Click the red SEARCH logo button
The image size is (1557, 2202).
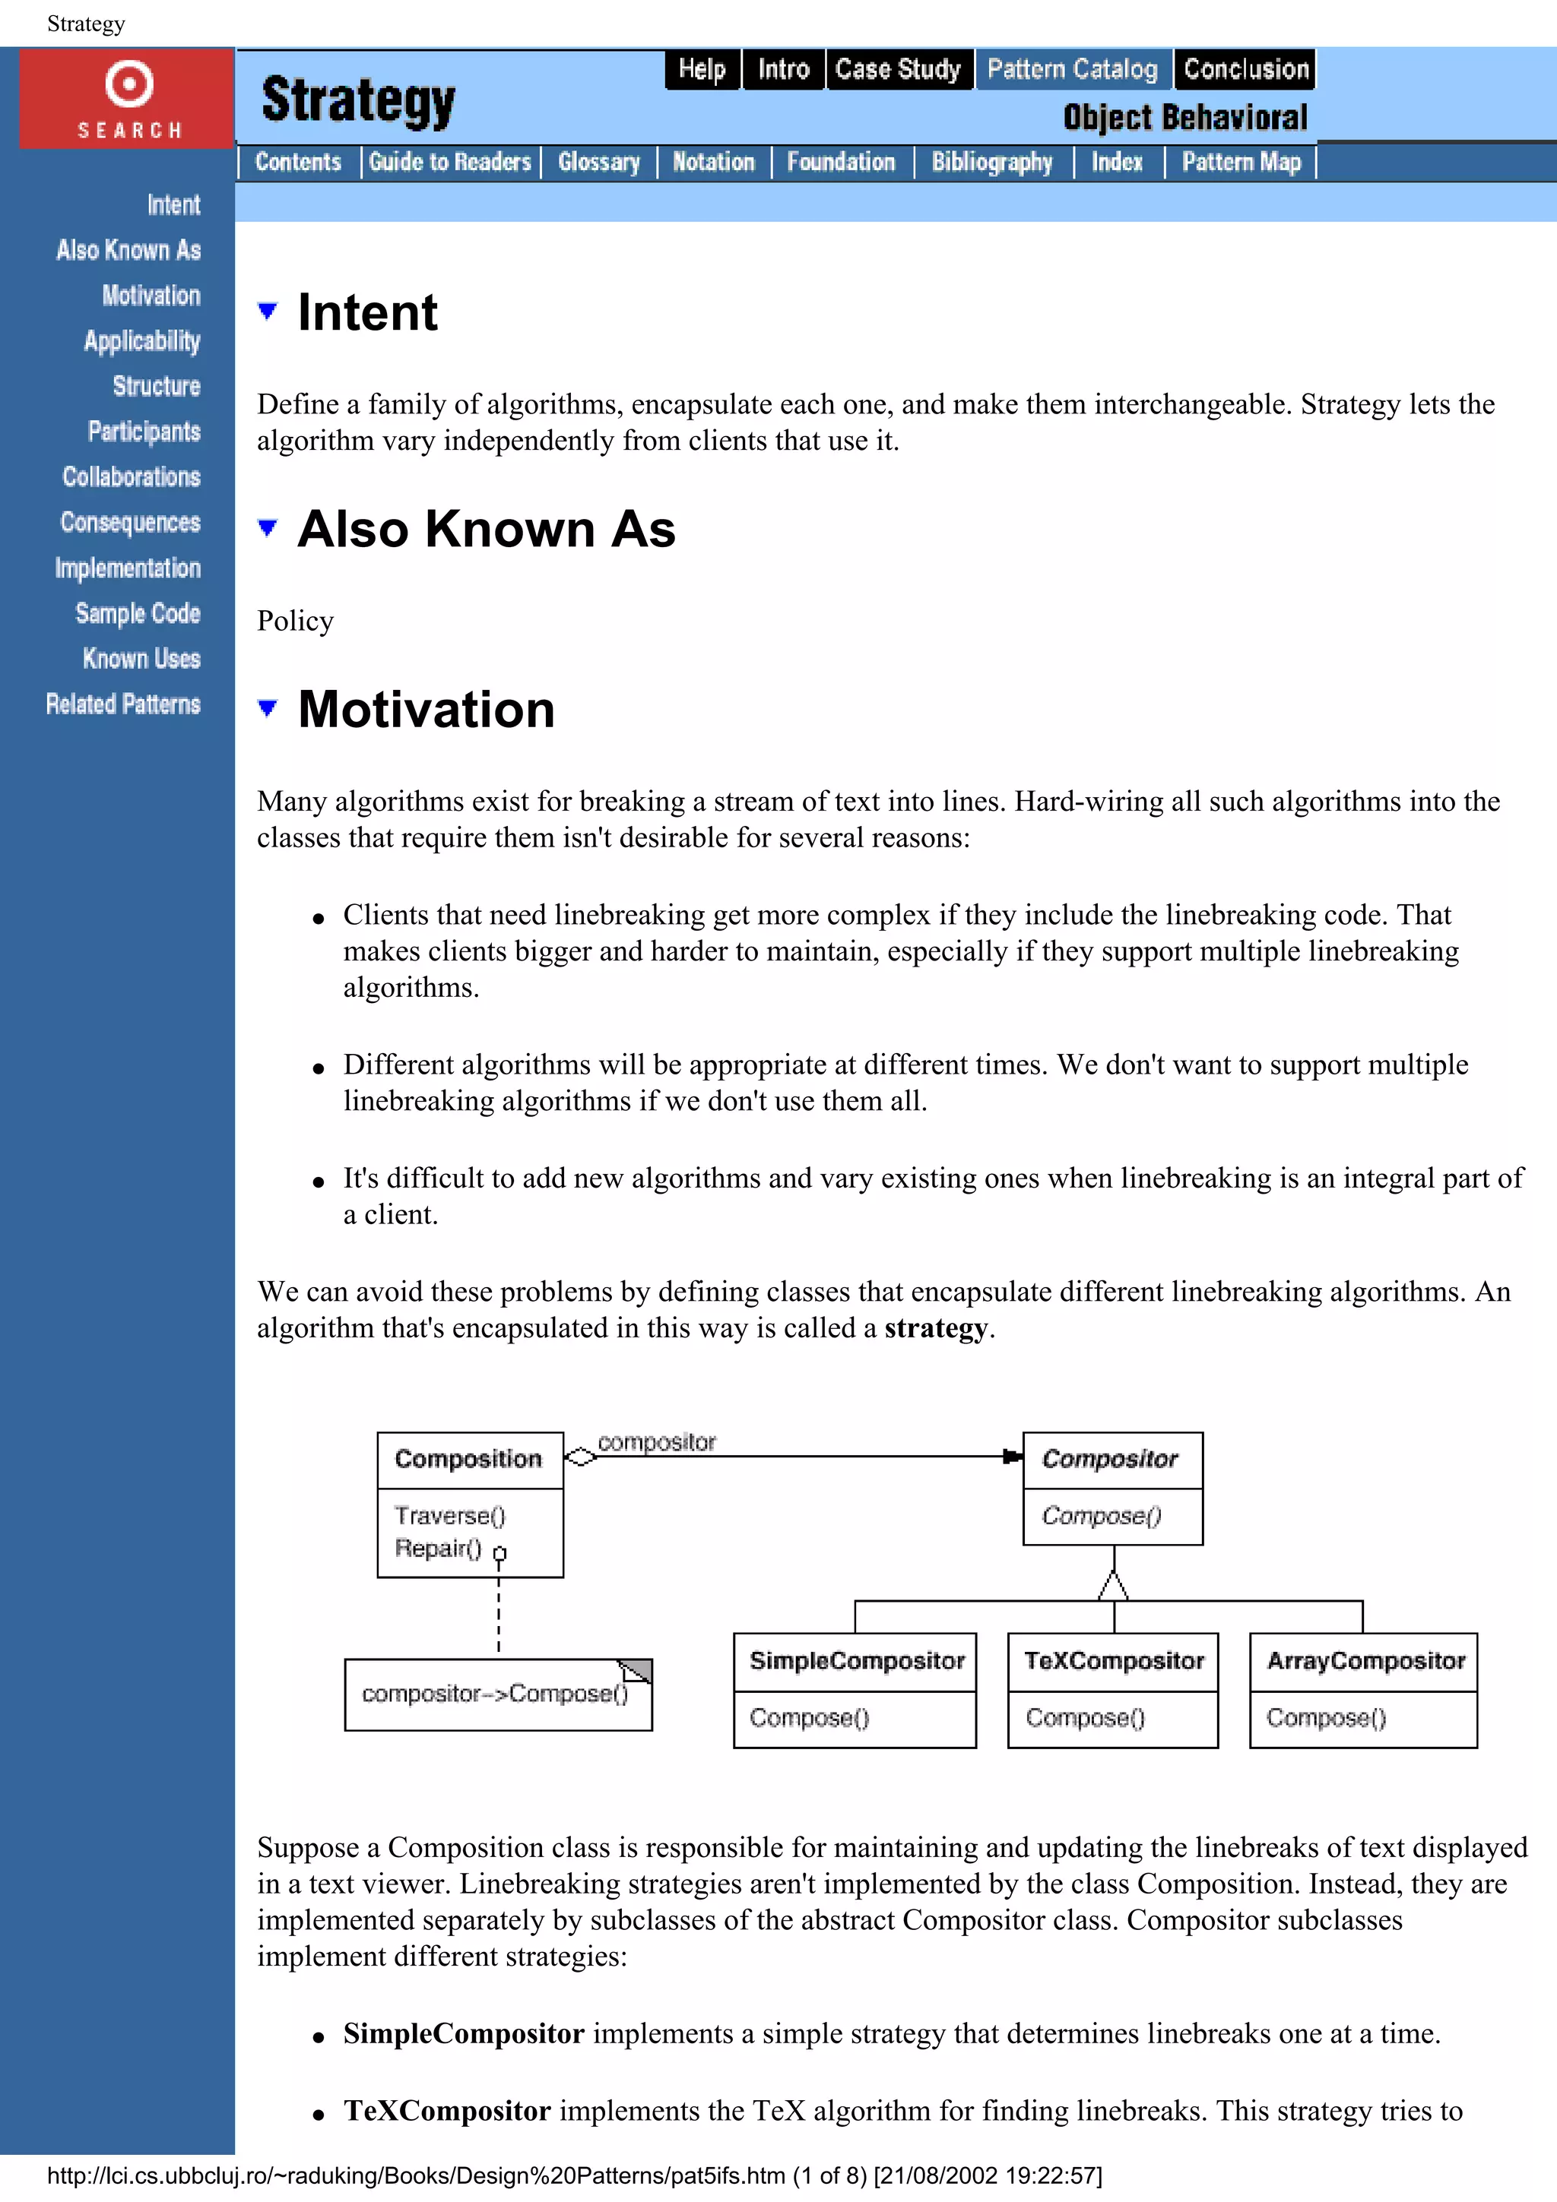click(128, 99)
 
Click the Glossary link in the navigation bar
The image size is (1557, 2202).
click(598, 162)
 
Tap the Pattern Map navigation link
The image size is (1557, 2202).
click(1241, 162)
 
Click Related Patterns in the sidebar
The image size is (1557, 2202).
click(123, 704)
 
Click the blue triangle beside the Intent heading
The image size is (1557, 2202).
click(268, 311)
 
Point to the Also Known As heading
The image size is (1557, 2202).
click(486, 530)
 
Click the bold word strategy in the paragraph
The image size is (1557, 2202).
click(935, 1328)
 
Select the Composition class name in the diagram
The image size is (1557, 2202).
click(468, 1459)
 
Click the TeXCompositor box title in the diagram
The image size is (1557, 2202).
click(1113, 1660)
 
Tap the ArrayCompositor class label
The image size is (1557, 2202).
click(1365, 1660)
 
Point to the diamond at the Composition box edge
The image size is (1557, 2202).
click(580, 1457)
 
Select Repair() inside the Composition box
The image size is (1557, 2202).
click(437, 1548)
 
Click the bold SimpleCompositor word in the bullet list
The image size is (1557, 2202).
click(463, 2033)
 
